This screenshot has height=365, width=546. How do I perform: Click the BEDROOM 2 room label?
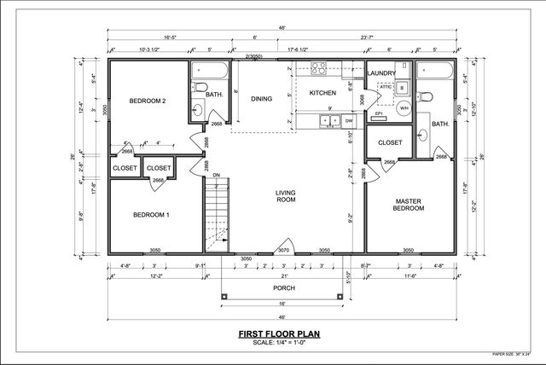[147, 101]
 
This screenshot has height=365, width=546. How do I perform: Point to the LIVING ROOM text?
[285, 197]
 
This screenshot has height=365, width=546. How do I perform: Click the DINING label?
[261, 98]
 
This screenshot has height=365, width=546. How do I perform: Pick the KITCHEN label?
[322, 92]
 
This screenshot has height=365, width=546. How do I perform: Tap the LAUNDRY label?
[380, 73]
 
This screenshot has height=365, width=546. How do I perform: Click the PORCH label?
[284, 287]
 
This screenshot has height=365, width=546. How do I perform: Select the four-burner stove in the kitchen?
[320, 69]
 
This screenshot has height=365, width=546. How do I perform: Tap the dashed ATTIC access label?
[385, 87]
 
